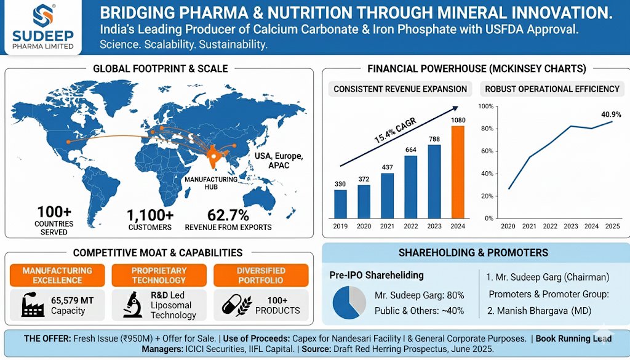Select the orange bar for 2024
(458, 172)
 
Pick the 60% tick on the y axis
(487, 151)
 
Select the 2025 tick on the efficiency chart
(612, 226)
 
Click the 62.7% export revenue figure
(228, 215)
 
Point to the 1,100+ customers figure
(150, 215)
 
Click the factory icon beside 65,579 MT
(33, 305)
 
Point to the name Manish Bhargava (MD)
(539, 311)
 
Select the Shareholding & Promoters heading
(473, 253)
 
